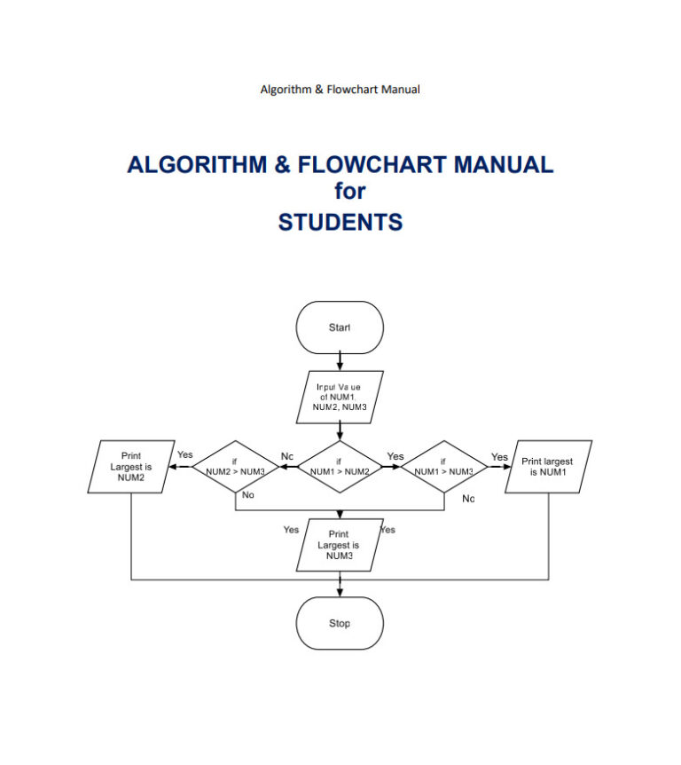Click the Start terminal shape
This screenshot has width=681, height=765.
(340, 327)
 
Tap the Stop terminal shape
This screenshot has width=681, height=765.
(340, 623)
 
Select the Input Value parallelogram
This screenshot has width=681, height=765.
(340, 397)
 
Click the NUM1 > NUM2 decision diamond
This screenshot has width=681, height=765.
(340, 467)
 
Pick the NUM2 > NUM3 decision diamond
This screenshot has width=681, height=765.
(235, 467)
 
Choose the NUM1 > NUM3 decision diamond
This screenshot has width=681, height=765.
(443, 467)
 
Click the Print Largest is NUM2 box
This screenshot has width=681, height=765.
(130, 466)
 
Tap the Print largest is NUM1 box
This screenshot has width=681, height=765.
(547, 466)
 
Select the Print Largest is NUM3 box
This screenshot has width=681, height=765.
(340, 545)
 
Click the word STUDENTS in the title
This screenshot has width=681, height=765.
(340, 221)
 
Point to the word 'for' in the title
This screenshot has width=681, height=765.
(349, 192)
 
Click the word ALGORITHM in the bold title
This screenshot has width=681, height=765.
(196, 164)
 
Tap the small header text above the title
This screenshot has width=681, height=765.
(340, 89)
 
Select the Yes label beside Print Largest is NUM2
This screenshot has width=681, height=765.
(184, 454)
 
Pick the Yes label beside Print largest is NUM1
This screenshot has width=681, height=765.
(500, 457)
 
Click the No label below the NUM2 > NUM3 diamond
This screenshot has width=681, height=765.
(248, 495)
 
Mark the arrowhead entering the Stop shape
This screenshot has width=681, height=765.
(340, 592)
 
